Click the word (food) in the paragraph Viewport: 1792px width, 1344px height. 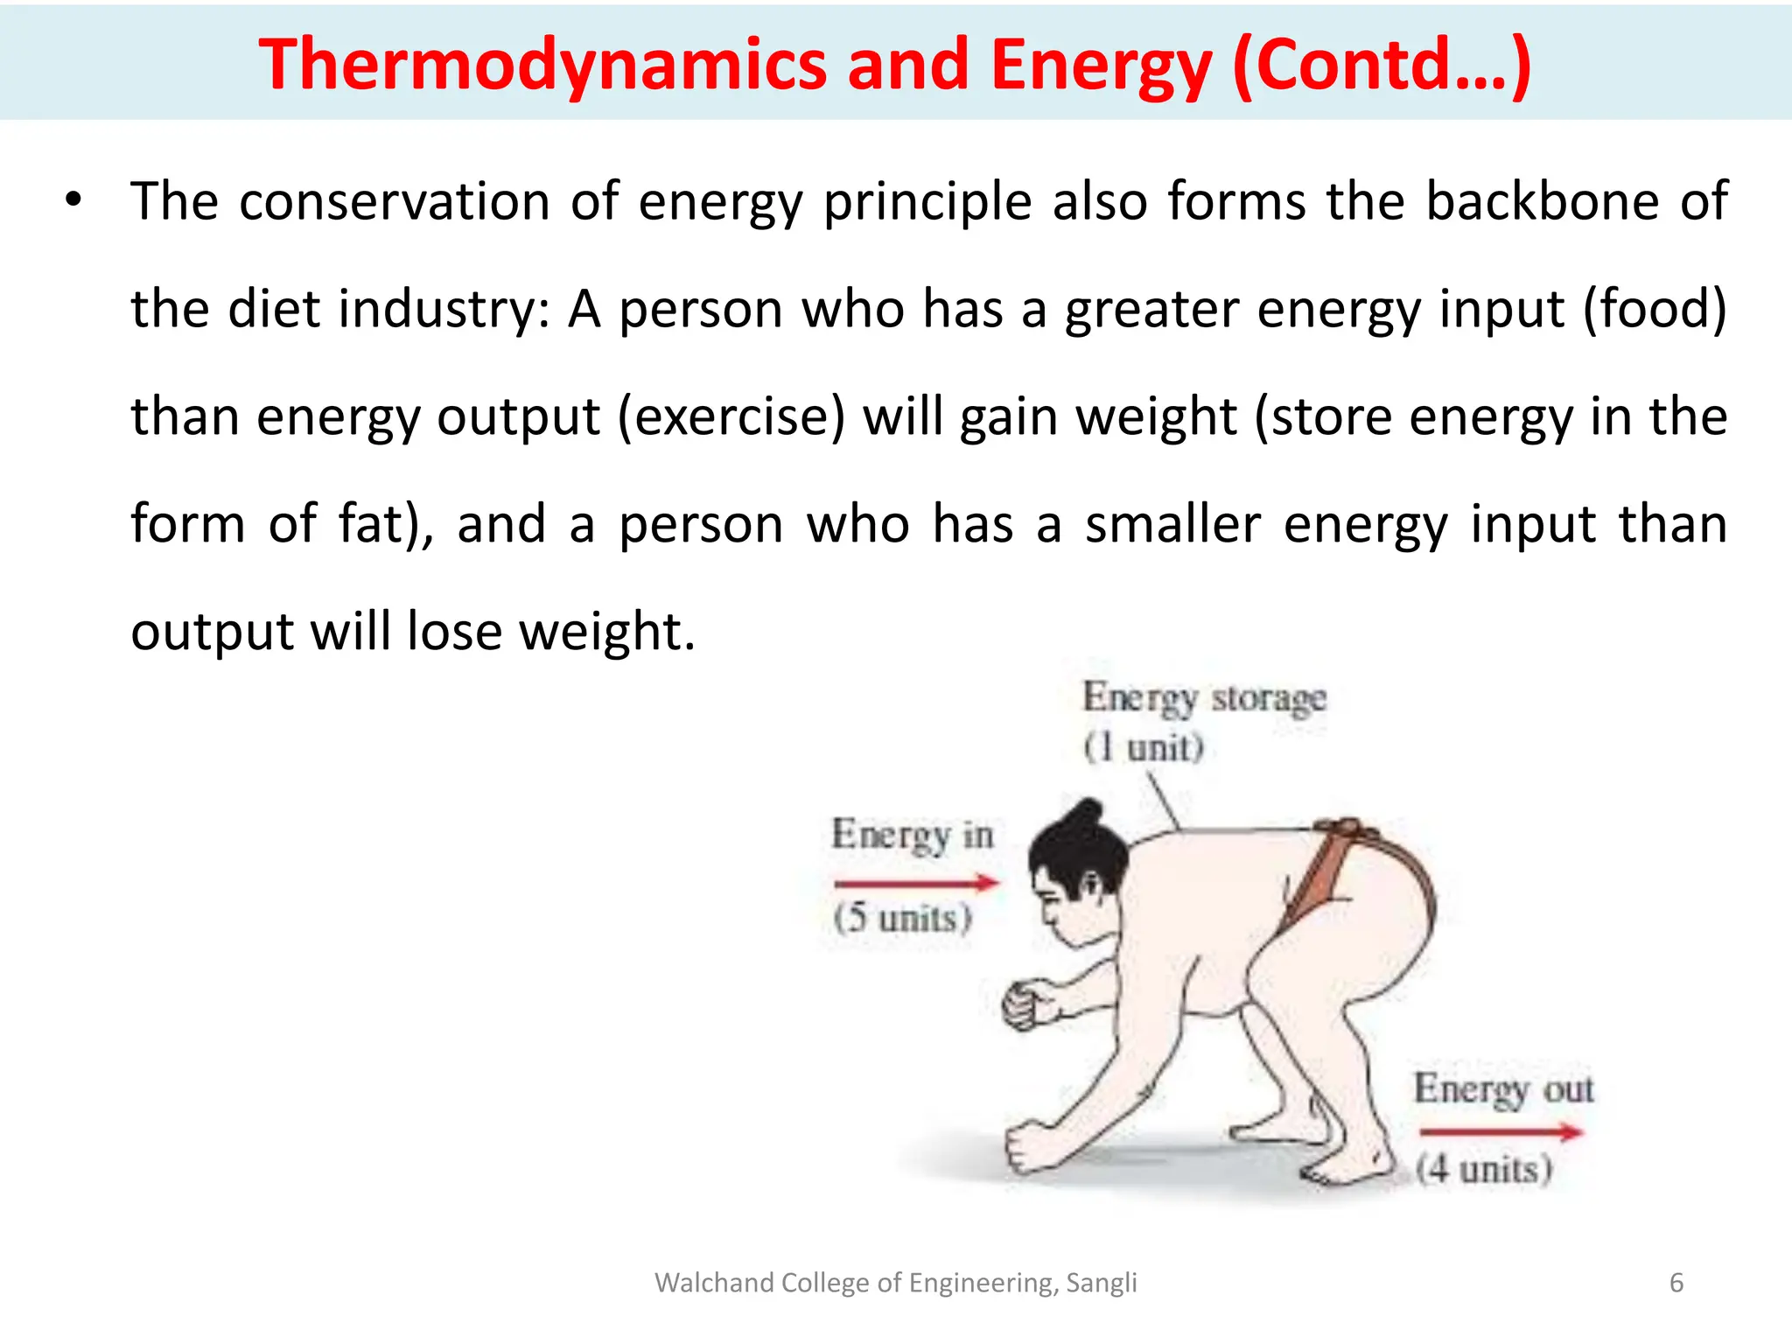tap(1655, 309)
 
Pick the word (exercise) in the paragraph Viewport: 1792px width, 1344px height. tap(731, 416)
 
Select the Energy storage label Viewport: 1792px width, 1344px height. tap(1204, 698)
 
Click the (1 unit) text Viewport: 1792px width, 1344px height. tap(1144, 748)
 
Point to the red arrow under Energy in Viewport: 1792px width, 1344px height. tap(915, 883)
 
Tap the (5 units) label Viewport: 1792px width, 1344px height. tap(902, 919)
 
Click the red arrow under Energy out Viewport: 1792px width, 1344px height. tap(1500, 1132)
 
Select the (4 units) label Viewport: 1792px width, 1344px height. tap(1484, 1169)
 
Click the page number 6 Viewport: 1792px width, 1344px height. tap(1676, 1283)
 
